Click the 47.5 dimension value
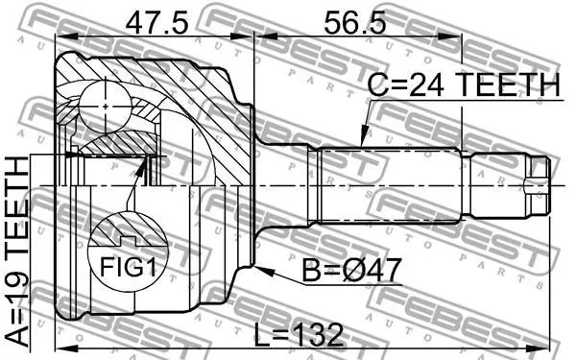tap(156, 23)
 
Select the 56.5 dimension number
tap(355, 23)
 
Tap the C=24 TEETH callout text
tap(464, 84)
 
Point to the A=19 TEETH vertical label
tap(17, 252)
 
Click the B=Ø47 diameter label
tap(351, 270)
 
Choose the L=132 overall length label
tap(299, 335)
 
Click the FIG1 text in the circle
tap(128, 267)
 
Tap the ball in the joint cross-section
tap(106, 107)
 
